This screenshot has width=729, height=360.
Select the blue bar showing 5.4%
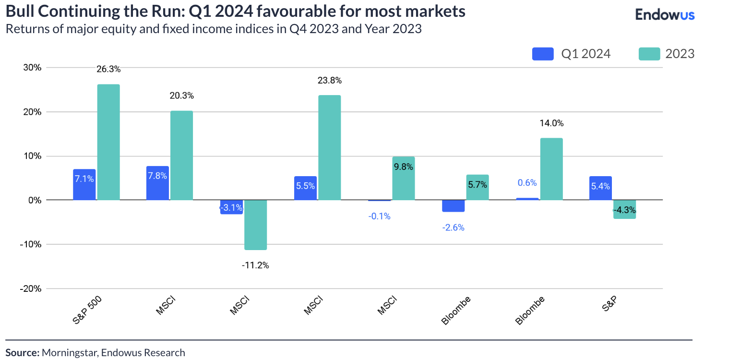point(600,188)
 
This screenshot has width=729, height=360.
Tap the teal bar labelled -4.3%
point(624,209)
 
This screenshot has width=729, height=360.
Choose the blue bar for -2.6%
point(453,205)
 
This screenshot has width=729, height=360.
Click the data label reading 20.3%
point(181,96)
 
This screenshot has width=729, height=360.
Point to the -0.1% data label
point(379,216)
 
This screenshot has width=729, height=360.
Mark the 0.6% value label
point(527,183)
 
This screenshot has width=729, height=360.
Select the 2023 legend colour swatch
point(649,54)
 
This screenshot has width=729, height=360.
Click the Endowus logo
point(665,15)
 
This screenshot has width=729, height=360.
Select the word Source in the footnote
point(22,353)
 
